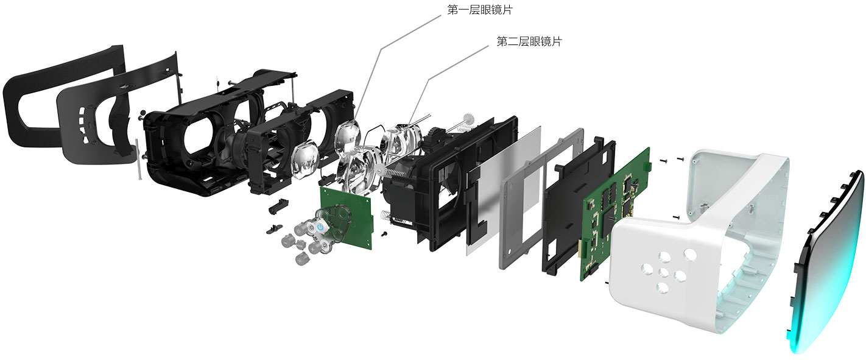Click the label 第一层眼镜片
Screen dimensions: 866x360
[479, 10]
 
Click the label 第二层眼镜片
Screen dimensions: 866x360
[529, 41]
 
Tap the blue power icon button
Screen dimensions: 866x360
[320, 227]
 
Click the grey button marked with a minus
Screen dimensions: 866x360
[286, 241]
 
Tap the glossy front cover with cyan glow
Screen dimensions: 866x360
[828, 263]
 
